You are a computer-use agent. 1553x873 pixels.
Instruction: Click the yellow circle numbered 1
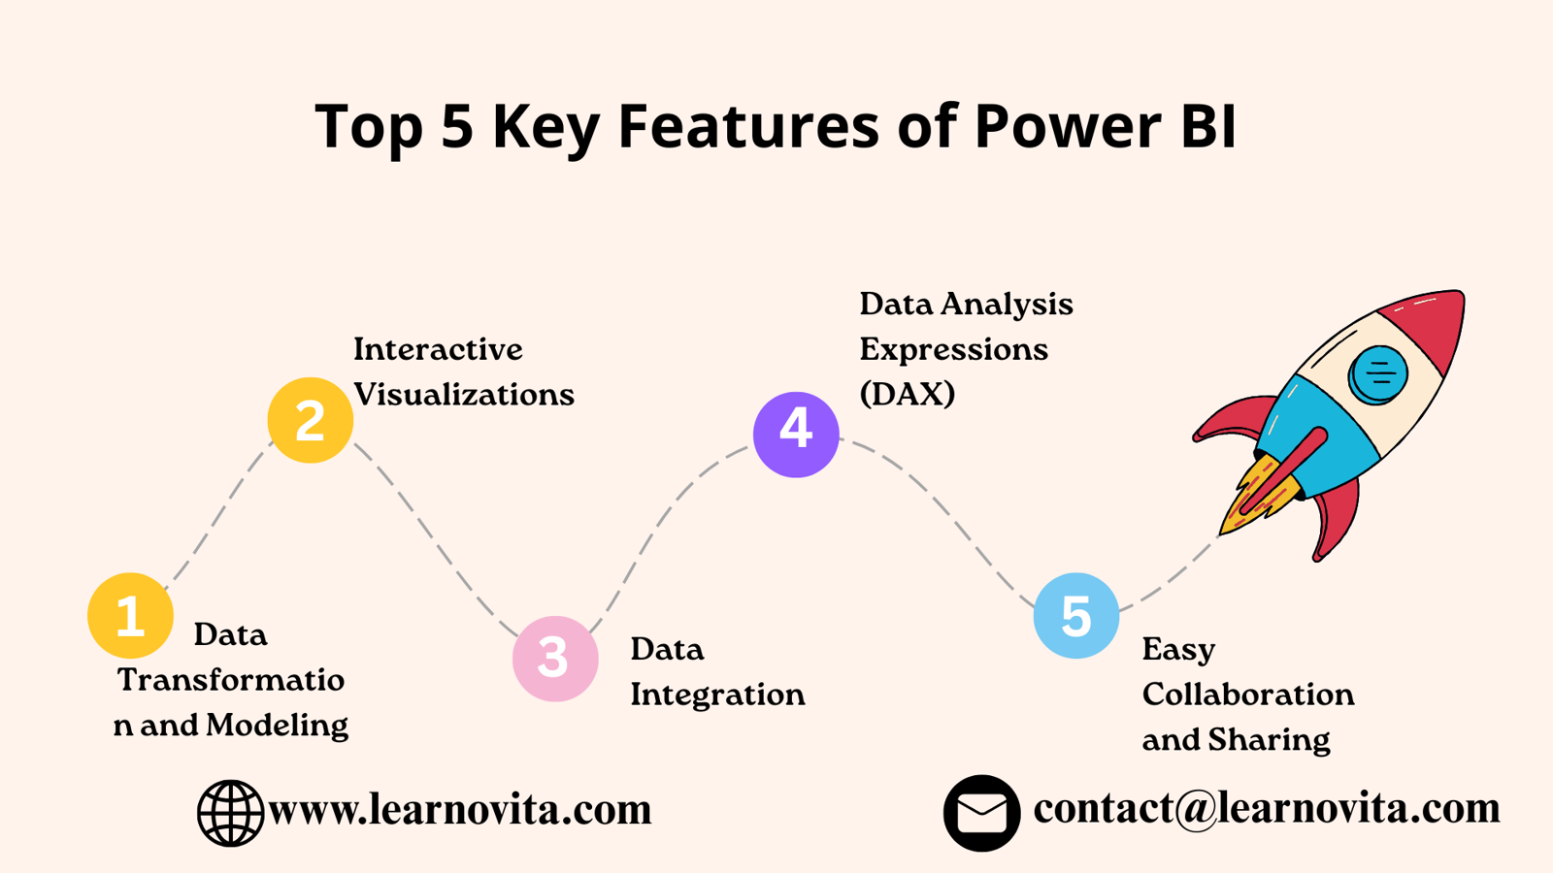coord(130,615)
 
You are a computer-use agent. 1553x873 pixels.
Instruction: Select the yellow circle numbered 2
coord(311,420)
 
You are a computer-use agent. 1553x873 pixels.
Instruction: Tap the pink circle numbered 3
coord(555,659)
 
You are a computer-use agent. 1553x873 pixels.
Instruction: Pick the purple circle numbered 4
coord(796,435)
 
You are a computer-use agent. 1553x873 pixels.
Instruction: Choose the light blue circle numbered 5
coord(1076,615)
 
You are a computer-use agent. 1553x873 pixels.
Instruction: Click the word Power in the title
coord(1069,126)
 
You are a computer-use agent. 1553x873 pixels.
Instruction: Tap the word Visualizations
coord(464,394)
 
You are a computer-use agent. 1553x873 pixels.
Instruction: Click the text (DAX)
coord(908,394)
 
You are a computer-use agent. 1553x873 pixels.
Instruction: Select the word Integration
coord(717,695)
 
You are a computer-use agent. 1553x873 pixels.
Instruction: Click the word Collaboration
coord(1248,695)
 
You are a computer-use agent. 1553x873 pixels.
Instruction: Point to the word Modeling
coord(278,727)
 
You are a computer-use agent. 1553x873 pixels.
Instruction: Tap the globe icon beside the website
coord(230,813)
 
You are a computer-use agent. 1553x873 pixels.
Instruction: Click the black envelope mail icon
coord(981,813)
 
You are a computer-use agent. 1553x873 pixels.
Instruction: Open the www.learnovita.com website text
coord(460,809)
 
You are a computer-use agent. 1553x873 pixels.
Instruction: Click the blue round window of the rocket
coord(1377,374)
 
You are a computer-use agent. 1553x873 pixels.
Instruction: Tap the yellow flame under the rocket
coord(1258,496)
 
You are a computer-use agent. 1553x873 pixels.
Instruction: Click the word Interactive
coord(438,349)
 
